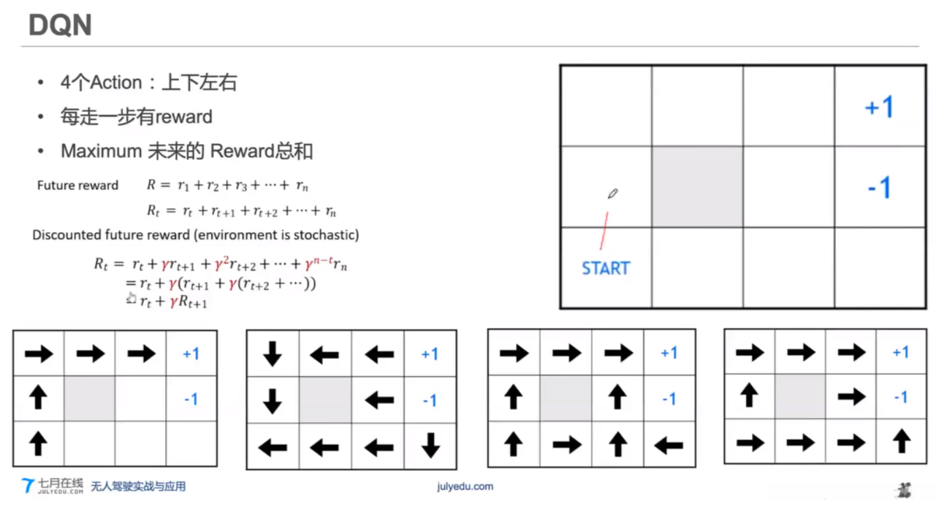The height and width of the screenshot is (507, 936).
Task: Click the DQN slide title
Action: click(60, 25)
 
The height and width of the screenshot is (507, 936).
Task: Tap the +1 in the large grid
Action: click(879, 107)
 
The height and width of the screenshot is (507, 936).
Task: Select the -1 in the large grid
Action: click(879, 188)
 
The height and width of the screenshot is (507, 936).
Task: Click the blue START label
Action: click(605, 268)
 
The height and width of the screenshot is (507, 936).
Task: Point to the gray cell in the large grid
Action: click(697, 186)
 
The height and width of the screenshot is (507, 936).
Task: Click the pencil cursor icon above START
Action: click(612, 194)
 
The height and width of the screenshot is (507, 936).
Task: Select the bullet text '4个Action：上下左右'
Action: click(148, 83)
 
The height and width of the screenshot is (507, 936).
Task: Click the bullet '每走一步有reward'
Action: click(136, 117)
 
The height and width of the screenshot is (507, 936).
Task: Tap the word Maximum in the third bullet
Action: click(100, 151)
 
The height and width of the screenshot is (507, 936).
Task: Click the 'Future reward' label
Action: click(77, 185)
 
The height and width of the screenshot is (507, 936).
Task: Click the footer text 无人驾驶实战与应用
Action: click(138, 486)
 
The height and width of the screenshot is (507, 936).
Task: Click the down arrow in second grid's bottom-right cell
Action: click(430, 446)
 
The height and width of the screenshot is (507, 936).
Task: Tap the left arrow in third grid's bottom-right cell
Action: click(669, 443)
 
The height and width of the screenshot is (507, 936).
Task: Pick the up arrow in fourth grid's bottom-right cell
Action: click(902, 441)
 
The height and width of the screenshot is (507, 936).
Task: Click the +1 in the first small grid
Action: click(191, 354)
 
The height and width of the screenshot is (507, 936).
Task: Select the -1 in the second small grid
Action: click(430, 400)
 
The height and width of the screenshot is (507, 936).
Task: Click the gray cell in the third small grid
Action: click(566, 398)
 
